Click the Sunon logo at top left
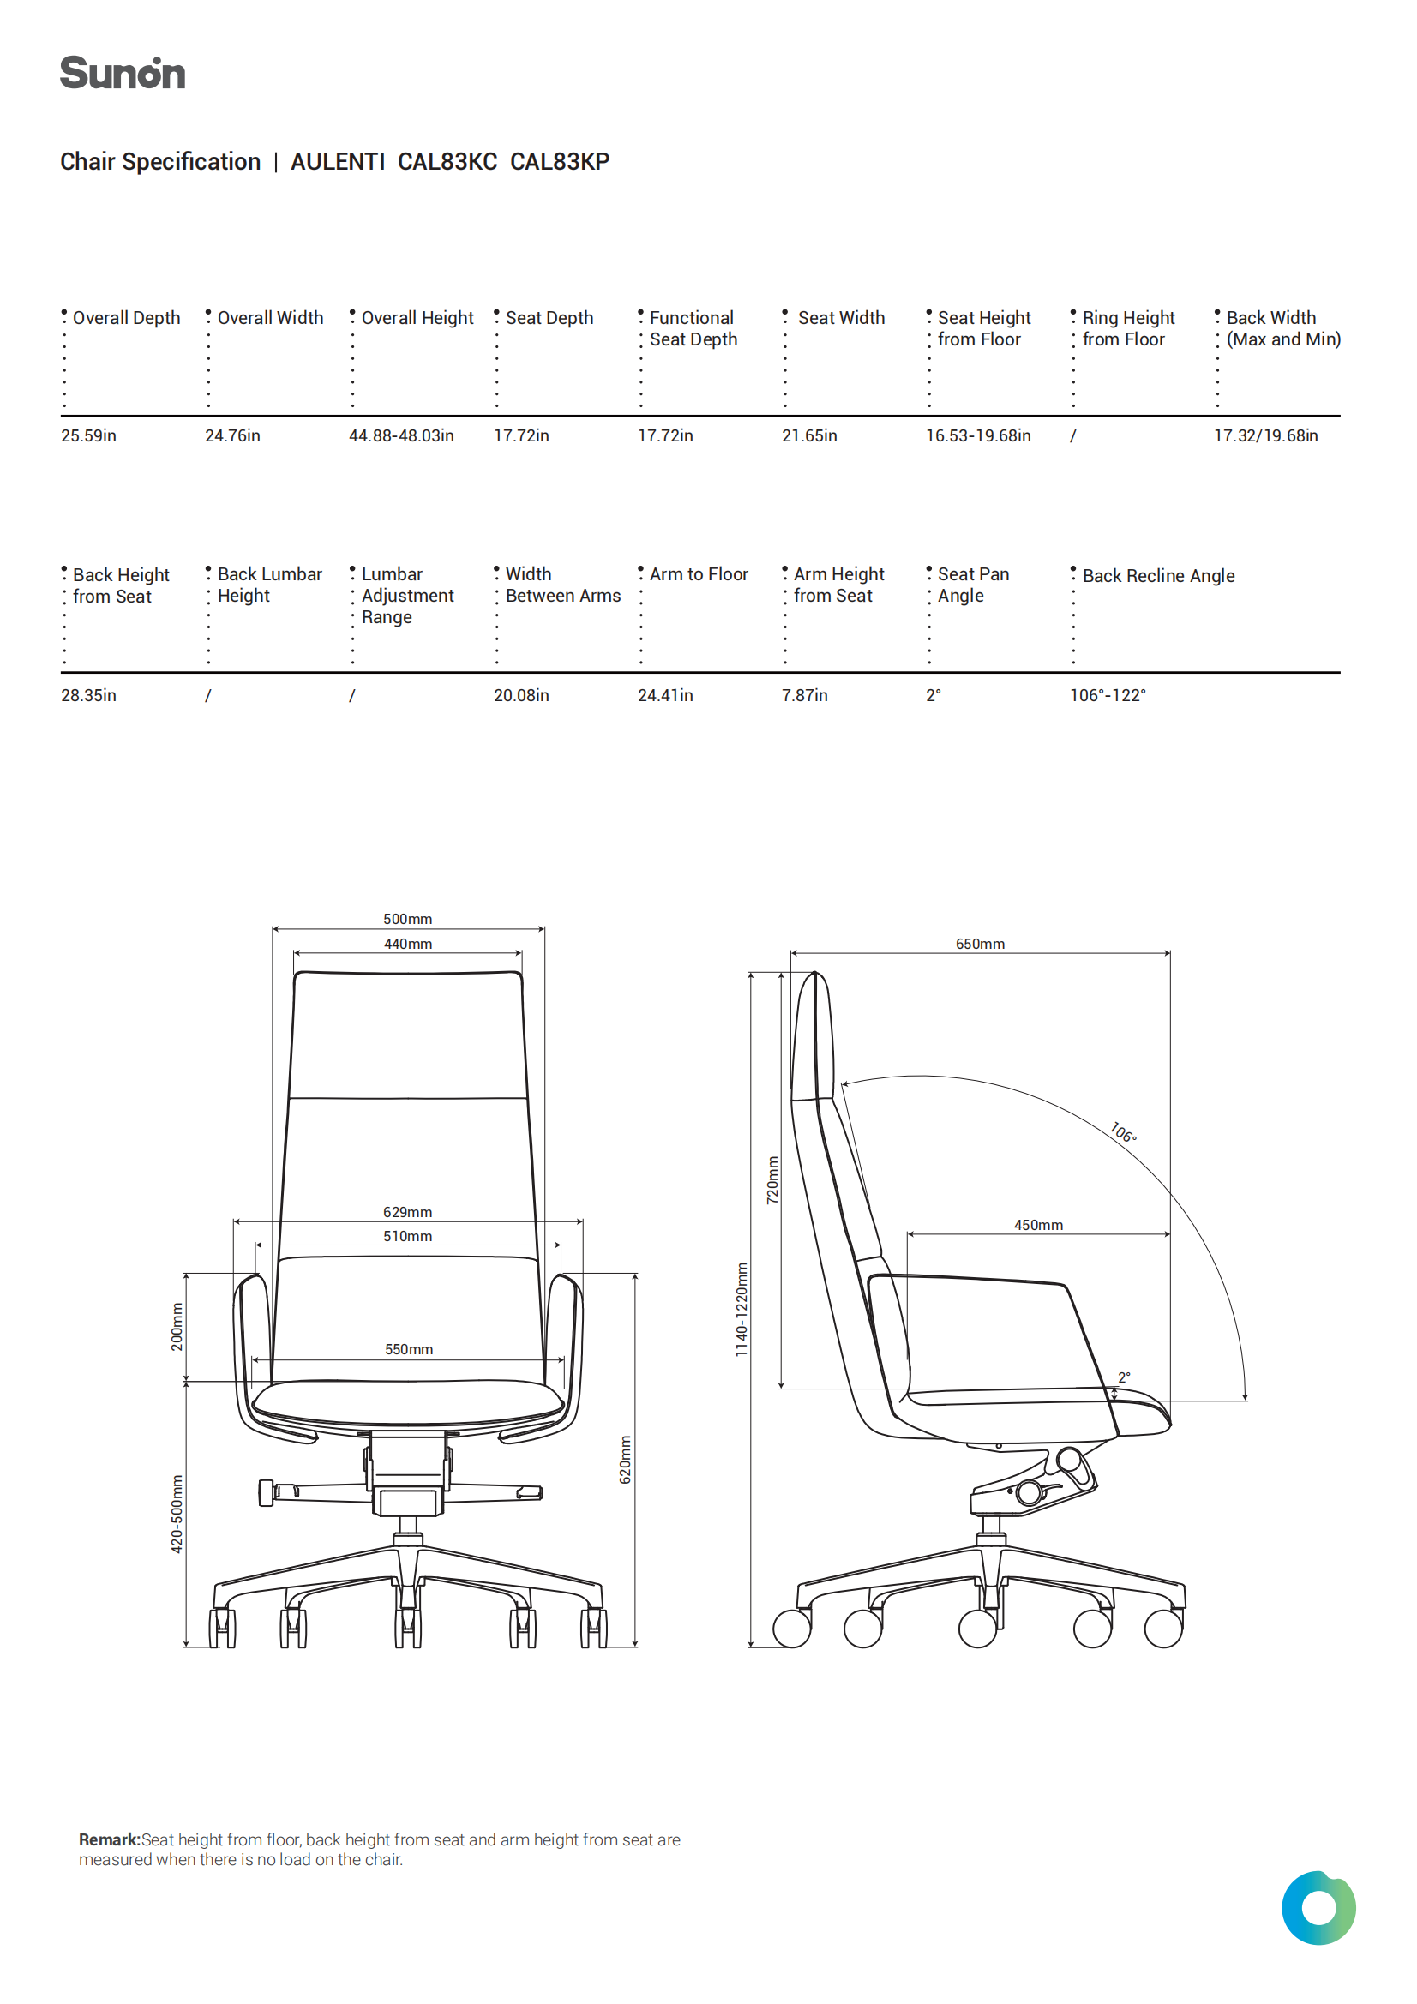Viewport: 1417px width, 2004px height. [123, 74]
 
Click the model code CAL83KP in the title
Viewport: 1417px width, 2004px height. [560, 162]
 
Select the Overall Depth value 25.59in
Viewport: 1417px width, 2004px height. [88, 435]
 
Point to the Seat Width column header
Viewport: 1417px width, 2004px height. [841, 318]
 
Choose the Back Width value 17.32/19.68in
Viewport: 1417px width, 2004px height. [1265, 435]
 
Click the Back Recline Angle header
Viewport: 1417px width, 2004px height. [1159, 576]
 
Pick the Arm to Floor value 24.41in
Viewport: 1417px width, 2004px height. [665, 696]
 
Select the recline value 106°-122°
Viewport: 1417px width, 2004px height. [1107, 696]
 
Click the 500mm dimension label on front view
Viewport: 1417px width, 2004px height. [408, 919]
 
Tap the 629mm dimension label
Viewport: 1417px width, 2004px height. [408, 1212]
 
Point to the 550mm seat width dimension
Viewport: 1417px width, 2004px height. [409, 1349]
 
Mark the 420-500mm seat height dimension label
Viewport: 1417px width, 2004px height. [177, 1515]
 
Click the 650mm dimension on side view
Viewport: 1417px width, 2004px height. [980, 945]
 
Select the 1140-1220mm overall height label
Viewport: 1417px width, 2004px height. [742, 1310]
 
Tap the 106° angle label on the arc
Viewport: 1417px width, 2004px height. [1123, 1133]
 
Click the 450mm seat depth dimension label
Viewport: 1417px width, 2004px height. [1038, 1226]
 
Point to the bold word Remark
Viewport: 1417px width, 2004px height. [109, 1840]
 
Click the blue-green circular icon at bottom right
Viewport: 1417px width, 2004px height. [1318, 1908]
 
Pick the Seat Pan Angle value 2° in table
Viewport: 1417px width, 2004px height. [934, 696]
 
